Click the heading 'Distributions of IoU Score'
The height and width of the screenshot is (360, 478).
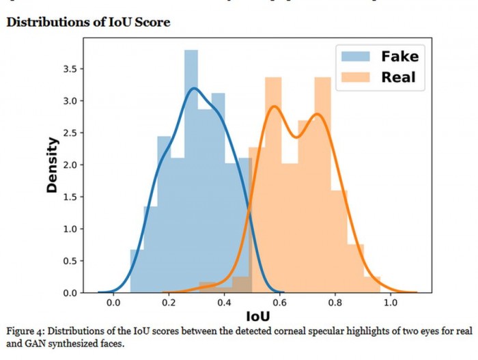click(x=88, y=22)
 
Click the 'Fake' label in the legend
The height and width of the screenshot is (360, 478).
click(x=399, y=55)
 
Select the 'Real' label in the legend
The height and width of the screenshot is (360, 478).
click(x=399, y=77)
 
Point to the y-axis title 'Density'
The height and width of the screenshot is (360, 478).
click(x=52, y=165)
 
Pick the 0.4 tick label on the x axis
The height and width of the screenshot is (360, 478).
click(x=224, y=301)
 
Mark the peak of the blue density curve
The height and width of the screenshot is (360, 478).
click(x=195, y=88)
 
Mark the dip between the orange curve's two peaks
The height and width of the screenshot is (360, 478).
click(x=296, y=137)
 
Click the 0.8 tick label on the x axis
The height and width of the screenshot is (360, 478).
click(x=335, y=301)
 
